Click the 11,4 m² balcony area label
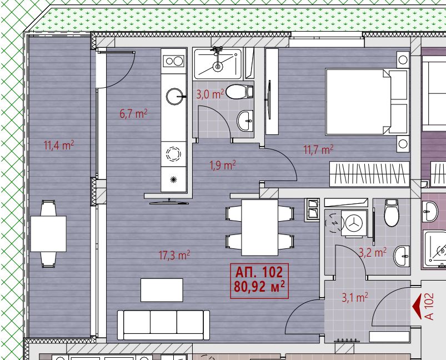pos(59,145)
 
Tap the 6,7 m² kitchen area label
pos(133,114)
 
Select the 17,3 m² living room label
pos(174,255)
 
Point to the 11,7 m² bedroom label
pos(319,149)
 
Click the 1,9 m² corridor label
pos(222,165)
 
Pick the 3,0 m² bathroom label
pos(210,94)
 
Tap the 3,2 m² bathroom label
pos(373,252)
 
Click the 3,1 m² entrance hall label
pos(355,298)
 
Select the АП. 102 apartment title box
pos(259,281)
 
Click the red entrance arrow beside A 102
pos(417,306)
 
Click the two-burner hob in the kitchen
pos(173,61)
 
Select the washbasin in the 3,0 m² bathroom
pos(245,121)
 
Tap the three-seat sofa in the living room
pos(163,325)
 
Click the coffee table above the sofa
pos(162,290)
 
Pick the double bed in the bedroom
pos(367,102)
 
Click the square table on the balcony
pos(48,234)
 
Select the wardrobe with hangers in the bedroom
pos(369,174)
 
